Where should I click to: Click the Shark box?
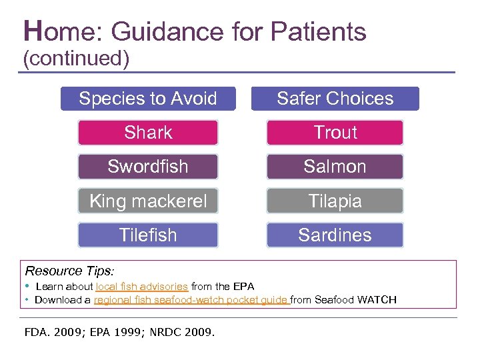[148, 133]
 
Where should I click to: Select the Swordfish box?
[148, 167]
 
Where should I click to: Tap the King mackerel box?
[148, 201]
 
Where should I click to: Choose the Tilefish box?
[148, 235]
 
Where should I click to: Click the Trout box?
[335, 133]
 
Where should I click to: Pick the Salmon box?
[335, 167]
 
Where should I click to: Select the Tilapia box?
[335, 201]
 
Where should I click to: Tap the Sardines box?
[335, 235]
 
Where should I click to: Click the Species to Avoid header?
[148, 99]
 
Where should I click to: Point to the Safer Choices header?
[335, 99]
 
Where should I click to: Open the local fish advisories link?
[141, 287]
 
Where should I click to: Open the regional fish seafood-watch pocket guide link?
[191, 300]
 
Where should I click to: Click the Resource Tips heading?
[69, 271]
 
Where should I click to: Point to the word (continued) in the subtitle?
[76, 59]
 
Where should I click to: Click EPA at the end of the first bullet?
[243, 287]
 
